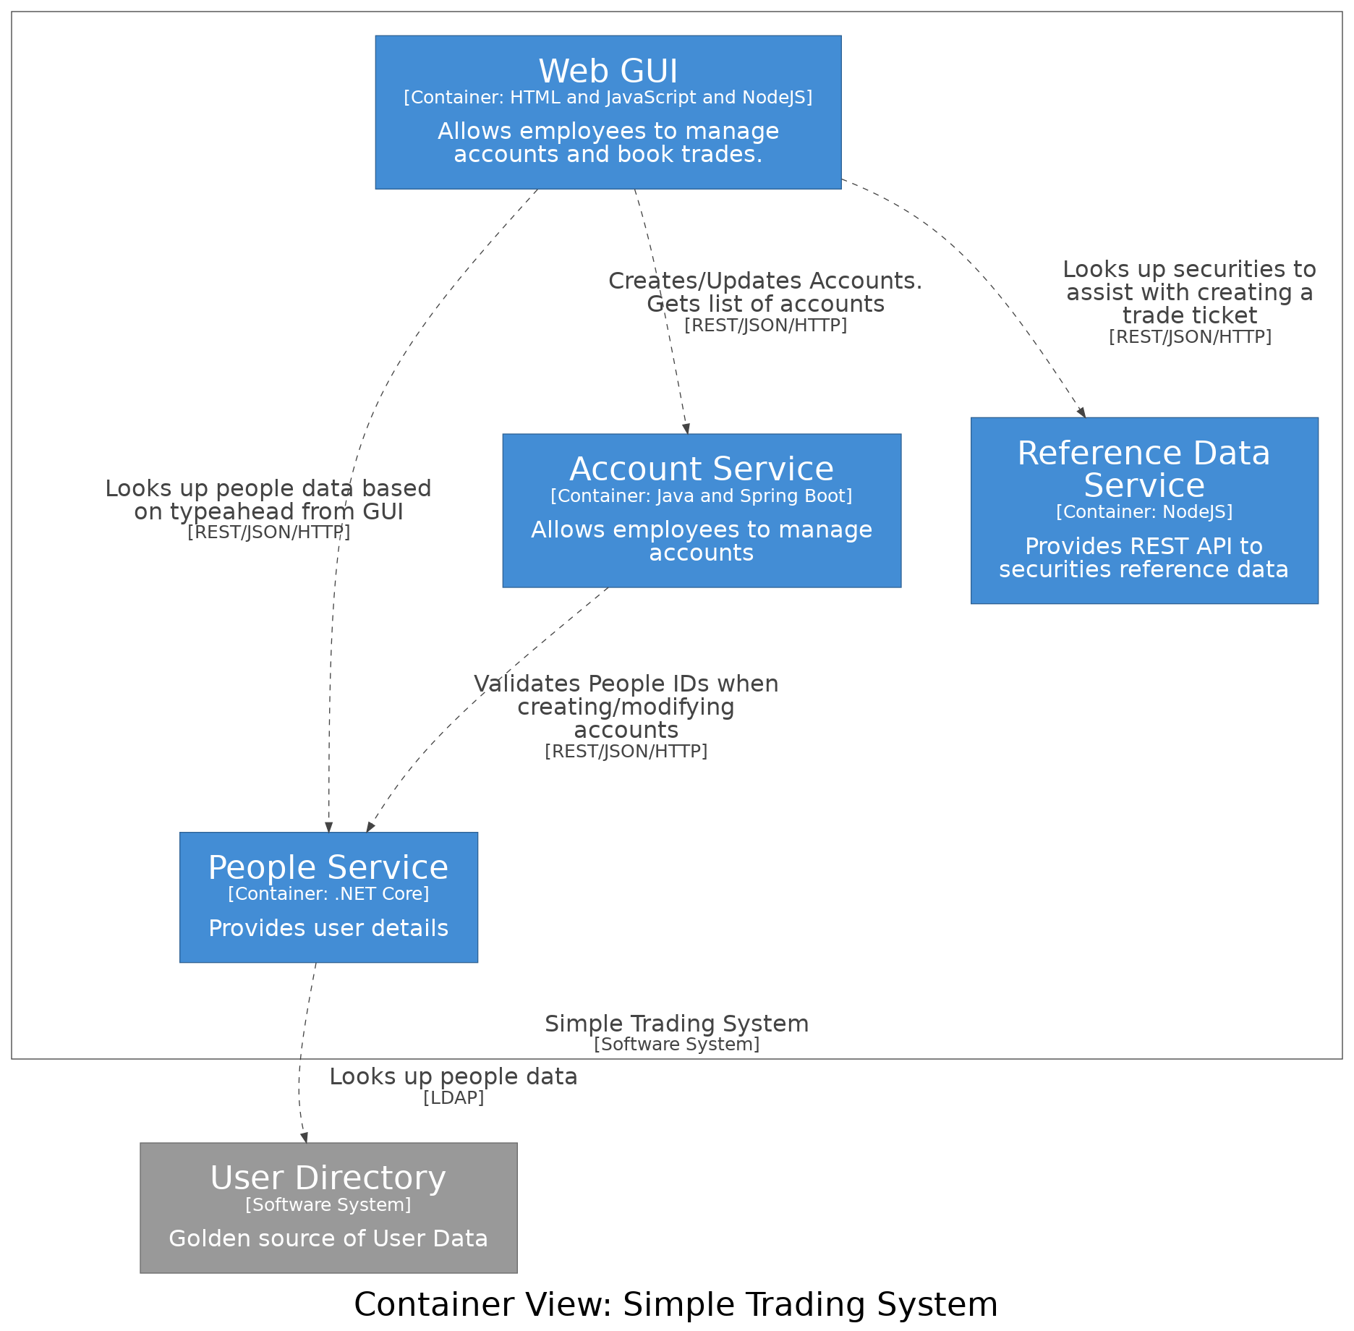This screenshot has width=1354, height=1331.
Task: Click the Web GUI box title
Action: click(608, 72)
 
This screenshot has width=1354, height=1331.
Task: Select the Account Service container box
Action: click(702, 510)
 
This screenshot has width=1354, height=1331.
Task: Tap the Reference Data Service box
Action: click(1144, 510)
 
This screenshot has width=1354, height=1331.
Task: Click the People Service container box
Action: click(328, 897)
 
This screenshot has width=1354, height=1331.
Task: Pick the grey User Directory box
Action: click(328, 1207)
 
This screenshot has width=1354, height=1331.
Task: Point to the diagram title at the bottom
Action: click(676, 1305)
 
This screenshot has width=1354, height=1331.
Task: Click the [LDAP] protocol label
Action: click(454, 1098)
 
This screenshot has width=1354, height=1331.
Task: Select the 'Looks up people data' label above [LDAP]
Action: click(454, 1076)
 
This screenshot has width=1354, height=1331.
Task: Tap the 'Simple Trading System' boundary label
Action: click(676, 1024)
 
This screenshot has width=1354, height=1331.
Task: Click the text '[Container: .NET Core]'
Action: click(328, 894)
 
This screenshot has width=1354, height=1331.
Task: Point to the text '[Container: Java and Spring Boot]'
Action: click(702, 496)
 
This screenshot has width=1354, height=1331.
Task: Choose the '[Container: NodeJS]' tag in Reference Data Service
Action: click(1144, 512)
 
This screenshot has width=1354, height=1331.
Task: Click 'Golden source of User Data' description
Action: click(328, 1238)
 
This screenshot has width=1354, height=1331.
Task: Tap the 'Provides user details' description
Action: click(328, 928)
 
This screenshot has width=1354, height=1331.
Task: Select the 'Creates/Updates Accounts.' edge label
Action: click(765, 281)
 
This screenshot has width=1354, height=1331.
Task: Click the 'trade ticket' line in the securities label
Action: click(1190, 315)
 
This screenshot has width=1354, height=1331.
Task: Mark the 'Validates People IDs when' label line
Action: click(626, 684)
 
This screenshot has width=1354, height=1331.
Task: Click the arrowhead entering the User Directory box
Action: click(305, 1138)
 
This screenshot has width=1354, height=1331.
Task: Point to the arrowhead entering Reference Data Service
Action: click(1082, 412)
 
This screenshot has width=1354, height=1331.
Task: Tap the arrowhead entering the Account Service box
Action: click(686, 429)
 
